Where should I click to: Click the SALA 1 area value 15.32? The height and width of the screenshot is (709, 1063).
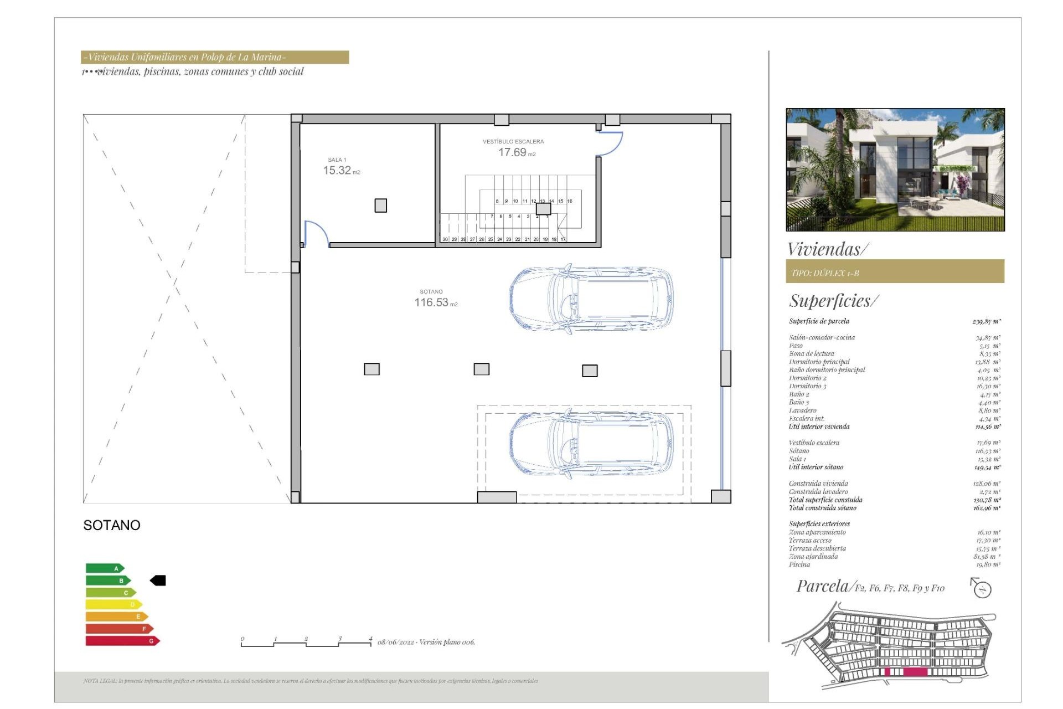coord(337,171)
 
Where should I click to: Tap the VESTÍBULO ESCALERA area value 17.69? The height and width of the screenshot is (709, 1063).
coord(512,152)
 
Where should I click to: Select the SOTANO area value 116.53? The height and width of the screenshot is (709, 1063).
coord(431,302)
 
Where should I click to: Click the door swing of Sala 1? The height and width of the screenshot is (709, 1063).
coord(316,233)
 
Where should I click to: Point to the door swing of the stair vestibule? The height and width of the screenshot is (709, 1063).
coord(611,143)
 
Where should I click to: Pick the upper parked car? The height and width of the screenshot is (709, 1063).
coord(591,299)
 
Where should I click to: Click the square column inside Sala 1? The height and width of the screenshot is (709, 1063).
coord(380,205)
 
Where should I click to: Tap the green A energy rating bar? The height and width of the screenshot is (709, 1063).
coord(105,568)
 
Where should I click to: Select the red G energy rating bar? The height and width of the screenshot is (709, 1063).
coord(122,641)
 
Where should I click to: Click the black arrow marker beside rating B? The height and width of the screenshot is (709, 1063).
coord(158,580)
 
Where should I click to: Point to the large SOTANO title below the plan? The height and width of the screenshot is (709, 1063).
coord(112,525)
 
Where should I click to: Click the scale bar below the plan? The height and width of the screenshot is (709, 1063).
coord(306,643)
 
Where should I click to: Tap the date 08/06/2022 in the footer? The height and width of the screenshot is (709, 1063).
coord(396,643)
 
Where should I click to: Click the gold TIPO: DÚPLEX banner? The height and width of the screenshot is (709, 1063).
coord(895,272)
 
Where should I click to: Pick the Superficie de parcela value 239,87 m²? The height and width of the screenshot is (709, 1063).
coord(986,321)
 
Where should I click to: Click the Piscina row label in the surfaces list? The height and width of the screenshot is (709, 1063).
coord(799,565)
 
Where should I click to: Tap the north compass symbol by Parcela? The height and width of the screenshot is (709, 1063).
coord(982,589)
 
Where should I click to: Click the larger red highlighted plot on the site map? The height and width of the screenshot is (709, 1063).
coord(915,672)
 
